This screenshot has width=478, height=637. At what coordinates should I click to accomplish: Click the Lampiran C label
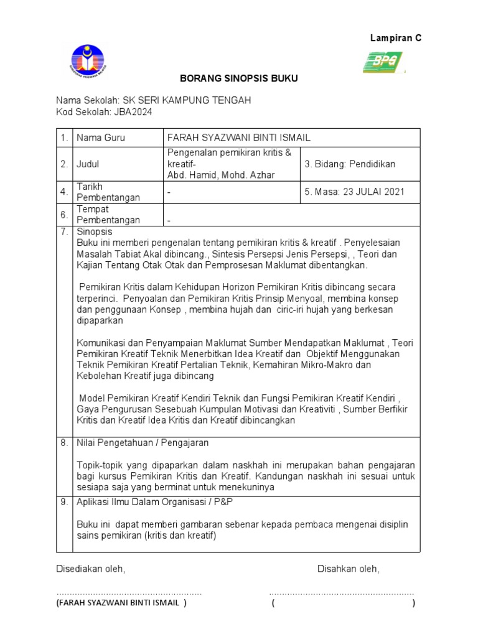click(x=396, y=38)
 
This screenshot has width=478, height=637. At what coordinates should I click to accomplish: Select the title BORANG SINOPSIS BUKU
click(x=239, y=78)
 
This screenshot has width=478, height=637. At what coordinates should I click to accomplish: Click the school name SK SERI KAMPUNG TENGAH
click(x=187, y=101)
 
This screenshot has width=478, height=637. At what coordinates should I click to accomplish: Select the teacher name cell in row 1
click(x=239, y=137)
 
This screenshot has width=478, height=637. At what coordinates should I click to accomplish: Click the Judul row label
click(x=88, y=164)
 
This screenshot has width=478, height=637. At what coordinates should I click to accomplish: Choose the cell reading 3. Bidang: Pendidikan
click(x=350, y=164)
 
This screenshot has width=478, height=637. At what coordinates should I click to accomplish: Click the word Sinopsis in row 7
click(x=94, y=231)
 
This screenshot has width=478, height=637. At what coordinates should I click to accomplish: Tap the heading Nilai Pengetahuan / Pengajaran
click(x=143, y=443)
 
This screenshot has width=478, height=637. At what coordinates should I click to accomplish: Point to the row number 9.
click(x=64, y=501)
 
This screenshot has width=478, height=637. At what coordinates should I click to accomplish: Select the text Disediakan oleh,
click(x=91, y=569)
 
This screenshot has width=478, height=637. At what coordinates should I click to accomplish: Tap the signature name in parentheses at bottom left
click(x=121, y=603)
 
